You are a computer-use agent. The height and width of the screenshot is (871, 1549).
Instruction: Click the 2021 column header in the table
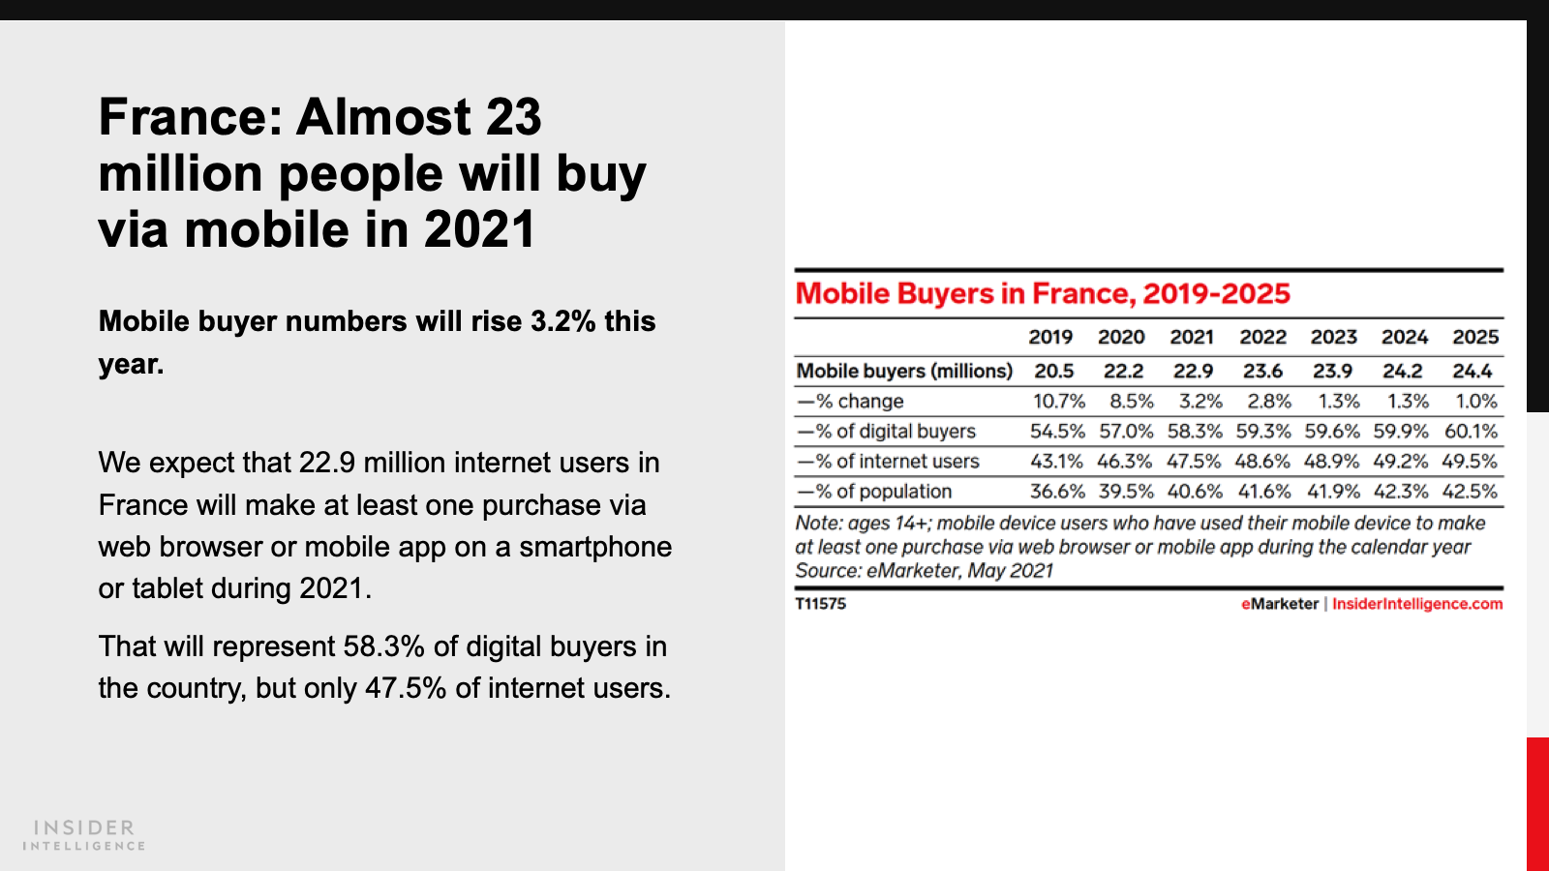pos(1192,337)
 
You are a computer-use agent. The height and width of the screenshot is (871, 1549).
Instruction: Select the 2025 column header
pos(1474,337)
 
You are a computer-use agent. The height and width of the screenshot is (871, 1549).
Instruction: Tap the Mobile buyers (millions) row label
pos(904,371)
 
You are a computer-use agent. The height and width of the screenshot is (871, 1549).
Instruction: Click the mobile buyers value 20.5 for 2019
pos(1053,371)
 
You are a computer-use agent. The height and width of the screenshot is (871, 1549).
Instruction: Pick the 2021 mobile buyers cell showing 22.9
pos(1193,371)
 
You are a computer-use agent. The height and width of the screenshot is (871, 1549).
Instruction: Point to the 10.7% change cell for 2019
pos(1058,401)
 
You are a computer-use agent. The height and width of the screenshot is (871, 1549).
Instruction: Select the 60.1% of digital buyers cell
pos(1471,431)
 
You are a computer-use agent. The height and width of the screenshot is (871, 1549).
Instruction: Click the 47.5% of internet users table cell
pos(1194,461)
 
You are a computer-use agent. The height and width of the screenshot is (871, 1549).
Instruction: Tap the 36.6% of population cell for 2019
pos(1057,491)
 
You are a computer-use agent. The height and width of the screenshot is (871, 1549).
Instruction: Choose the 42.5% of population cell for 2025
pos(1470,491)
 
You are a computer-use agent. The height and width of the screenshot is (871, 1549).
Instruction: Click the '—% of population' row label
pos(874,491)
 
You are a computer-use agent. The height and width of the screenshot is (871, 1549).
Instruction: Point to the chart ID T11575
pos(820,604)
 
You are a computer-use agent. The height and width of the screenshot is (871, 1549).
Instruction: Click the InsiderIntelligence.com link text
pos(1417,604)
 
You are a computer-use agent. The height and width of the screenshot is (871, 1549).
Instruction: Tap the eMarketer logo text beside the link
pos(1280,604)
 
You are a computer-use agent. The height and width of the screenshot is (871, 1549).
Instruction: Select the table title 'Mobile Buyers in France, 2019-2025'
pos(1043,293)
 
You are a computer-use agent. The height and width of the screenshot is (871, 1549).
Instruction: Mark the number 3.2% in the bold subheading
pos(562,321)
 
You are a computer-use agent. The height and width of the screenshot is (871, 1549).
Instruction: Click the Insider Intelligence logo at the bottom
pos(84,835)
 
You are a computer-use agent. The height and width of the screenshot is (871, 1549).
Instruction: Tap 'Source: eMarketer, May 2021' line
pos(924,571)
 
